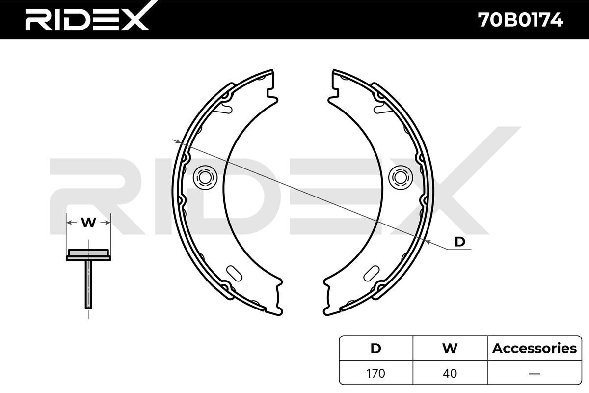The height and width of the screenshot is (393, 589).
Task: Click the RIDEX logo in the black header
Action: point(87,17)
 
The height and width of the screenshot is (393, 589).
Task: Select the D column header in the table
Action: point(376,348)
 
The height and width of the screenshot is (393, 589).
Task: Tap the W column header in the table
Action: point(450,348)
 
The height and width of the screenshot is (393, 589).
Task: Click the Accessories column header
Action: point(535,348)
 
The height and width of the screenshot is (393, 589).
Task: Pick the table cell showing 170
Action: point(376,373)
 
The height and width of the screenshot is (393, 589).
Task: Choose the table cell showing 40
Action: point(450,373)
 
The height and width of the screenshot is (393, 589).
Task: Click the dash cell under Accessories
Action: point(535,373)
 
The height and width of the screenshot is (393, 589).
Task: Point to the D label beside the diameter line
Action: point(459,242)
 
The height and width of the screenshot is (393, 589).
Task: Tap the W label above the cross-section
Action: point(88,223)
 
